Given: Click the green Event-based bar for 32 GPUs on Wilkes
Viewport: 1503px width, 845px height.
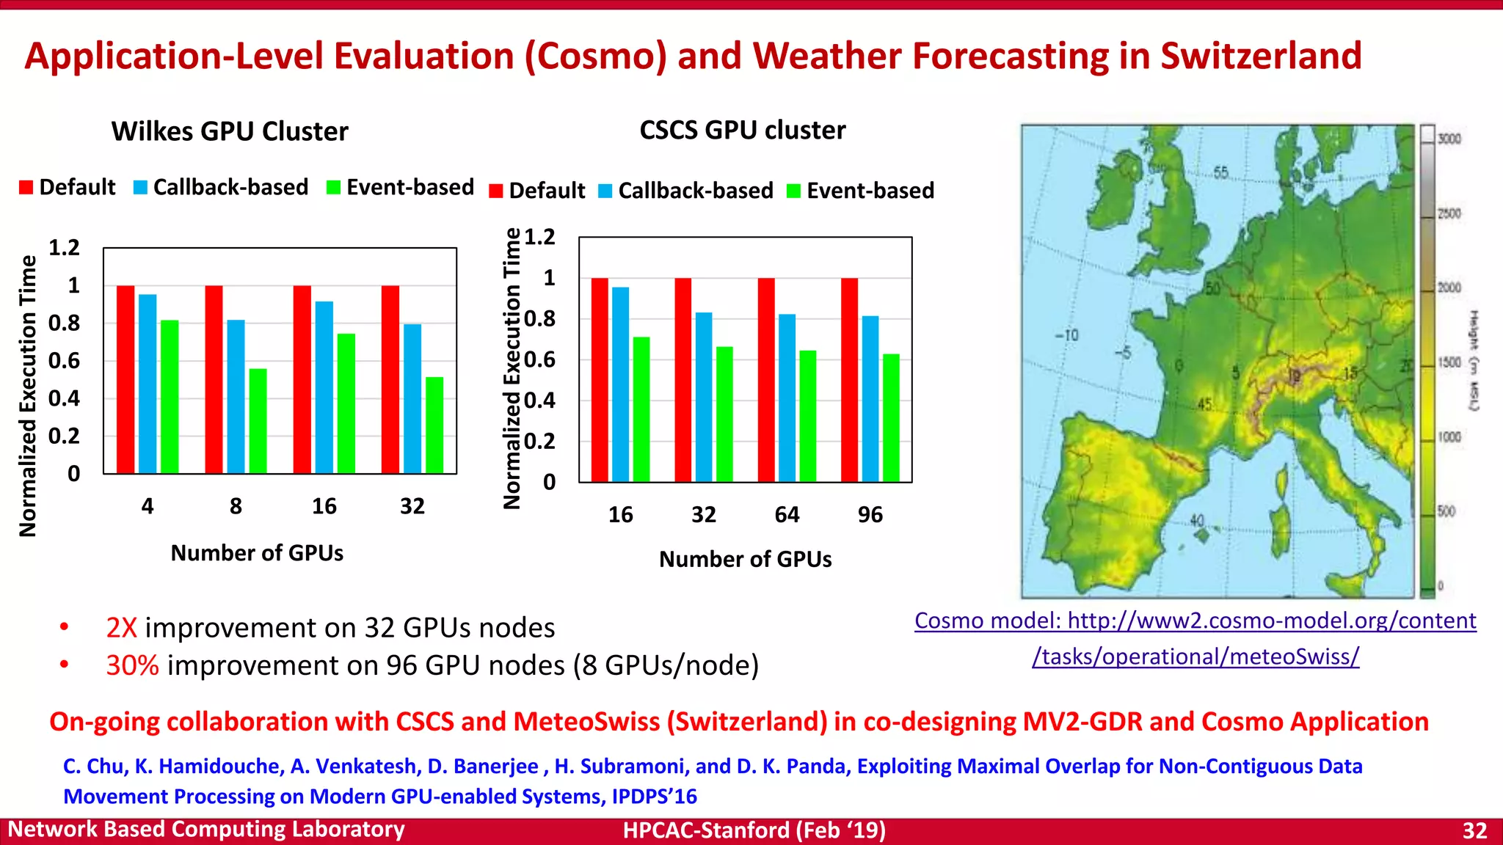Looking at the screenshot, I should pyautogui.click(x=434, y=425).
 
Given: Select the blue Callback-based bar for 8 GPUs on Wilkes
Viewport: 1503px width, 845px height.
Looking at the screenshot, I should pyautogui.click(x=236, y=396).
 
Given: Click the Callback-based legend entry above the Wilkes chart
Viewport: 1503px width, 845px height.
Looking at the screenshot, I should pyautogui.click(x=221, y=187).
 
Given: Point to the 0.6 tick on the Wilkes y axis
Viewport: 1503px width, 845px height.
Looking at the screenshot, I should pyautogui.click(x=64, y=361).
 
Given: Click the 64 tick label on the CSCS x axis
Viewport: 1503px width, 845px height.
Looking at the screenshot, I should pyautogui.click(x=787, y=515).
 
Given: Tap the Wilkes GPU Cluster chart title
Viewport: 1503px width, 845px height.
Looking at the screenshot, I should pyautogui.click(x=230, y=131).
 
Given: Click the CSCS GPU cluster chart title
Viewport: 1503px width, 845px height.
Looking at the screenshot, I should pyautogui.click(x=742, y=130).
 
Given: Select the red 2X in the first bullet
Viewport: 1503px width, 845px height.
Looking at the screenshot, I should pyautogui.click(x=122, y=628).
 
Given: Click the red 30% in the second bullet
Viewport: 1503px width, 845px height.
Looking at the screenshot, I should pyautogui.click(x=132, y=665).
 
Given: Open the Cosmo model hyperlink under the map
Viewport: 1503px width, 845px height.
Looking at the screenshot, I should pyautogui.click(x=1195, y=621).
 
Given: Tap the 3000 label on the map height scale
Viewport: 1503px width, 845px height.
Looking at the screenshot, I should pyautogui.click(x=1449, y=139).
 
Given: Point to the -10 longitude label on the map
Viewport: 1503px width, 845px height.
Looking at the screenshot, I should pyautogui.click(x=1066, y=335).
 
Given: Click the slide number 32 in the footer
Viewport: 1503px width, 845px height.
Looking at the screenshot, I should pyautogui.click(x=1474, y=830).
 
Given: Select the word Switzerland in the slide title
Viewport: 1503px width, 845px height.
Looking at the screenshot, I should pyautogui.click(x=1260, y=56).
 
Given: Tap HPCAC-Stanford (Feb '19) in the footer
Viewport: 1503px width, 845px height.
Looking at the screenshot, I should pyautogui.click(x=754, y=830).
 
